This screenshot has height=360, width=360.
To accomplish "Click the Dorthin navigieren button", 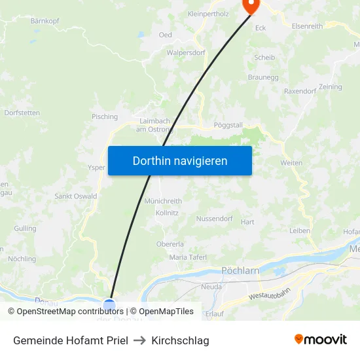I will point(180,160).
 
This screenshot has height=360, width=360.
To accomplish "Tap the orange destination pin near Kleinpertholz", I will point(251,5).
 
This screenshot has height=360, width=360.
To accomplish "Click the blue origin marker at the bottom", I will point(109,305).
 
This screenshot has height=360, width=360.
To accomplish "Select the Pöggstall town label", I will point(228,124).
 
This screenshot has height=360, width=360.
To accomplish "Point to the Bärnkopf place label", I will point(45,21).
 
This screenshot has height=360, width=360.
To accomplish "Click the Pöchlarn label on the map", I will point(241,270).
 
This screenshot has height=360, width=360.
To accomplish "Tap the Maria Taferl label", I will point(188,257).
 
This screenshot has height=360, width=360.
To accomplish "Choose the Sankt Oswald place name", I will point(75,196).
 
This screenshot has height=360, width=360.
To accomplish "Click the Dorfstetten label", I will point(22,113).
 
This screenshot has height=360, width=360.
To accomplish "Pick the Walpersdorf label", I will point(186,52).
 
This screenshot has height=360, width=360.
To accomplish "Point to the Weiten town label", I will point(291,162).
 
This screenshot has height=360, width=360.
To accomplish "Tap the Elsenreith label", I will point(307,26).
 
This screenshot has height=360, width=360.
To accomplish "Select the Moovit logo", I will point(321,340).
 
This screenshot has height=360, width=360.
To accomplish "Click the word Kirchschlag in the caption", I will point(180,340).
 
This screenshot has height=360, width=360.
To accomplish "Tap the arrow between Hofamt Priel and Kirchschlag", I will point(139,340).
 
